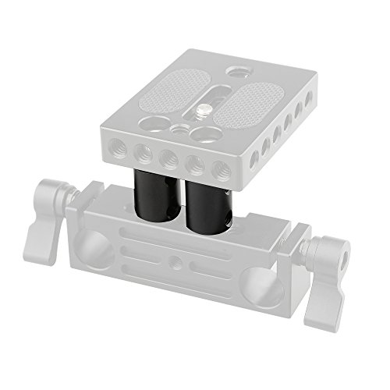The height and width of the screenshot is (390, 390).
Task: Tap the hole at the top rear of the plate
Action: (237, 71)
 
